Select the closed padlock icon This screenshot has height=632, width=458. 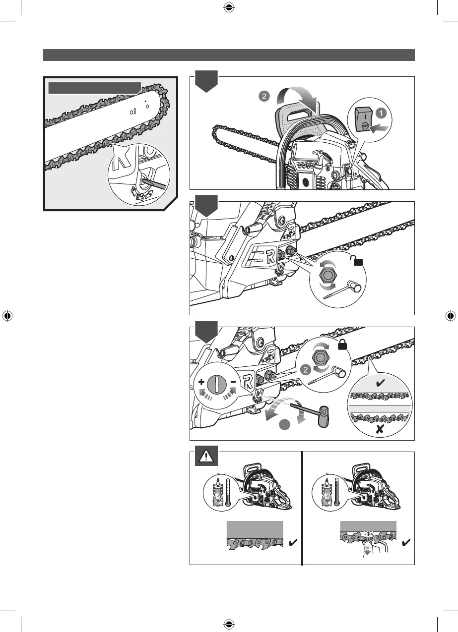342,347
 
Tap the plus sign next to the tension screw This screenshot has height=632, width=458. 202,383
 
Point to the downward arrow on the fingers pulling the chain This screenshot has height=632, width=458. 367,550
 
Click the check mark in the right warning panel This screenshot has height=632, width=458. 404,544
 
